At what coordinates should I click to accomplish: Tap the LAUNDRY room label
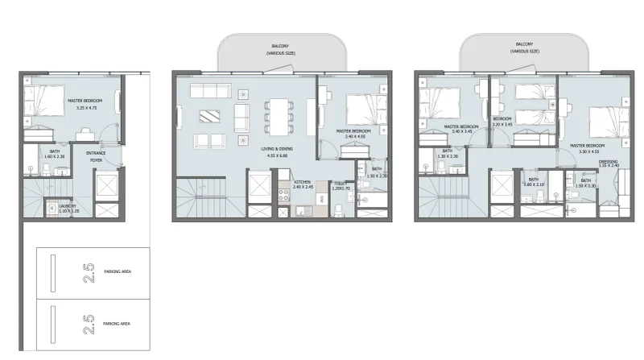click(x=68, y=205)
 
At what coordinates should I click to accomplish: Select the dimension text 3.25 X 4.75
click(x=85, y=107)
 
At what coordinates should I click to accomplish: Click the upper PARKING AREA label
click(x=118, y=272)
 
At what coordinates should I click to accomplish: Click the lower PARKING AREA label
click(x=118, y=323)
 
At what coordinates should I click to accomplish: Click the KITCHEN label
click(x=302, y=182)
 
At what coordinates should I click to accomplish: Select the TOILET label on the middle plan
click(x=339, y=183)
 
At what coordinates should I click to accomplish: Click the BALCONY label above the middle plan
click(x=281, y=46)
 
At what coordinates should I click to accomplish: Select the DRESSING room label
click(x=609, y=162)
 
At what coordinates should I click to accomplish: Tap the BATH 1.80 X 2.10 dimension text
click(x=533, y=184)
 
